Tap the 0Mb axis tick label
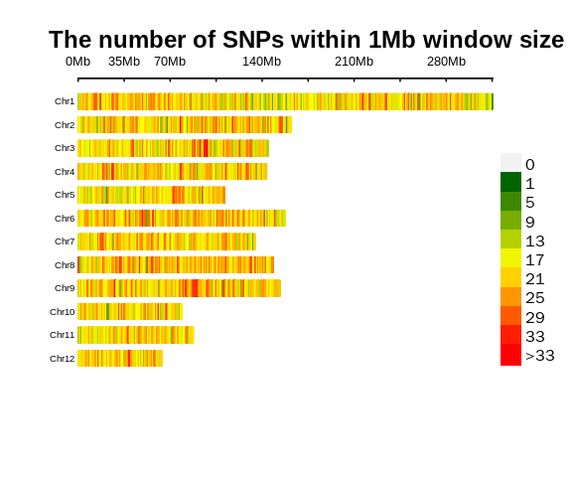pyautogui.click(x=77, y=62)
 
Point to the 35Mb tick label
pyautogui.click(x=124, y=62)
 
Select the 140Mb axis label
pyautogui.click(x=261, y=62)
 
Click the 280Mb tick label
pyautogui.click(x=446, y=62)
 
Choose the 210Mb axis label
pyautogui.click(x=354, y=62)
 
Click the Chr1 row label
pyautogui.click(x=65, y=101)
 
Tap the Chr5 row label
pyautogui.click(x=65, y=195)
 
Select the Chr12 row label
pyautogui.click(x=63, y=359)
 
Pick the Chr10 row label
pyautogui.click(x=63, y=312)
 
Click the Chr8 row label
pyautogui.click(x=65, y=265)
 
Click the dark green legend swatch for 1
pyautogui.click(x=510, y=182)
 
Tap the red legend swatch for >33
pyautogui.click(x=510, y=355)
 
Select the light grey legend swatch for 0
pyautogui.click(x=510, y=163)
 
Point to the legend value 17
pyautogui.click(x=534, y=260)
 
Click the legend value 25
pyautogui.click(x=534, y=298)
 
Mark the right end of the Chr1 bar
pyautogui.click(x=492, y=101)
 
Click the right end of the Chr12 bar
pyautogui.click(x=162, y=358)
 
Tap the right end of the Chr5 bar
pyautogui.click(x=224, y=195)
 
